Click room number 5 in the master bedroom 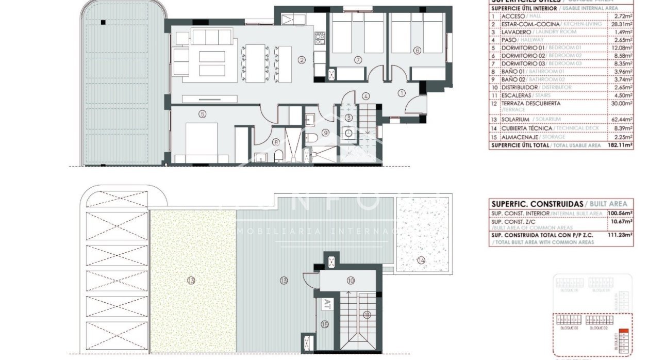coord(203,114)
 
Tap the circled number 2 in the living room coord(302,59)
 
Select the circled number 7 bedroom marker coord(357,60)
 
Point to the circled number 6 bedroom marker coord(417,50)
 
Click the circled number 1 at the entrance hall coord(402,93)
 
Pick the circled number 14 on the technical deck coord(421,261)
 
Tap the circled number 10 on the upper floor coord(351,281)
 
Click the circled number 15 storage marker coord(324,324)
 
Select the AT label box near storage coord(326,305)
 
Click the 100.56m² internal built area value coord(620,213)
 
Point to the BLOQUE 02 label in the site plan coord(599,328)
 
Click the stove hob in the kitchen coord(320,37)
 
